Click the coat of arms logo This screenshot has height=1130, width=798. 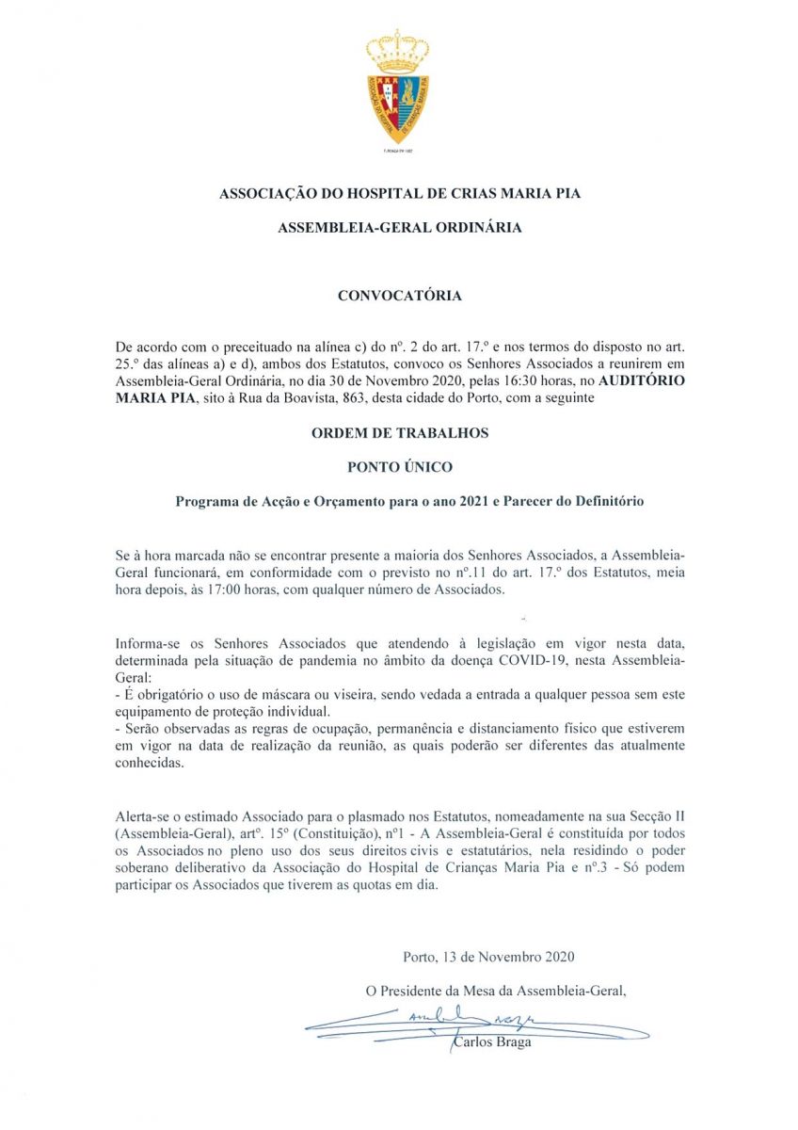pyautogui.click(x=398, y=89)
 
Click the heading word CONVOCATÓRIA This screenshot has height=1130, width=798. pyautogui.click(x=400, y=296)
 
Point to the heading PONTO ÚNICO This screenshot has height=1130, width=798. pyautogui.click(x=400, y=467)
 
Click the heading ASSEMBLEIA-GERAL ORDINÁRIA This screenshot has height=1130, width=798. pyautogui.click(x=400, y=228)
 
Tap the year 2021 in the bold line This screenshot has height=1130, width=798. pyautogui.click(x=480, y=502)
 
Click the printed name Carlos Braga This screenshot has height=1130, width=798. pyautogui.click(x=492, y=1042)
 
